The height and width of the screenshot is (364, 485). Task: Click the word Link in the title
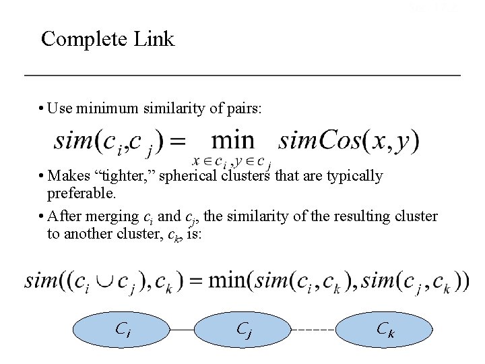click(x=154, y=38)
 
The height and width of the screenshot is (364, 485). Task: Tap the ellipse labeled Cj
click(x=243, y=330)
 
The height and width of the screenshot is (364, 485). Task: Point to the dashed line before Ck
click(x=314, y=330)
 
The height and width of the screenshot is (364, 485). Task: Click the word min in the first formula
click(x=233, y=141)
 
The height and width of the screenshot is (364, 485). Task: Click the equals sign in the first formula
click(x=176, y=142)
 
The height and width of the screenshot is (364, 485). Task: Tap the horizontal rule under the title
click(x=243, y=74)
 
